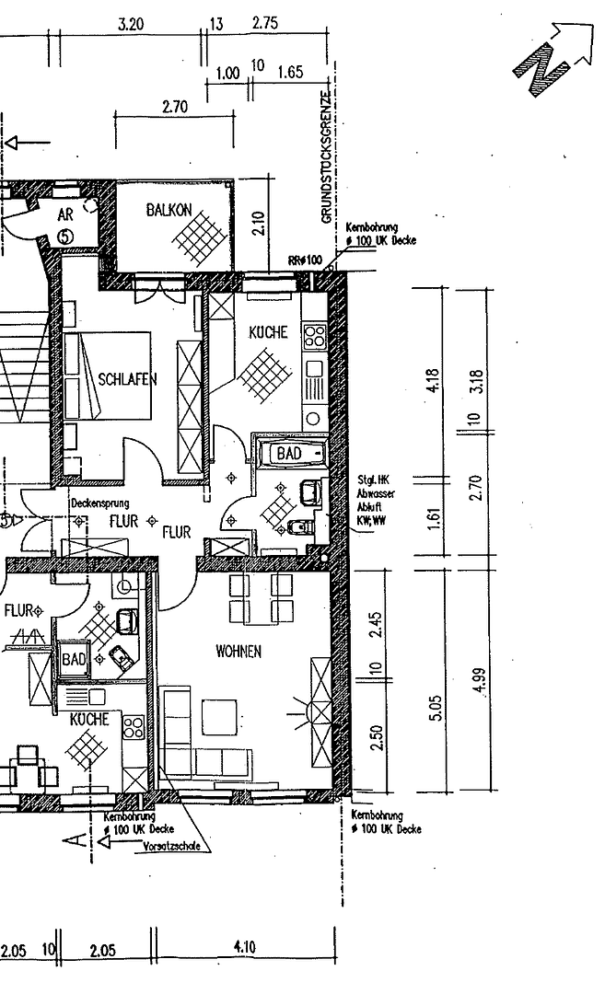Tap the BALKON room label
point(169,211)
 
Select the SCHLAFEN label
point(128,379)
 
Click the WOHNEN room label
point(239,652)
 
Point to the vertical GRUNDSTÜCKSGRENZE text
point(326,156)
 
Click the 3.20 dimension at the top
point(131,25)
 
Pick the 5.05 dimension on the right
point(435,707)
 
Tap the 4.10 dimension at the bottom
point(245,946)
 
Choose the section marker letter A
point(80,838)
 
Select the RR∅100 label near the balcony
point(305,260)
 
